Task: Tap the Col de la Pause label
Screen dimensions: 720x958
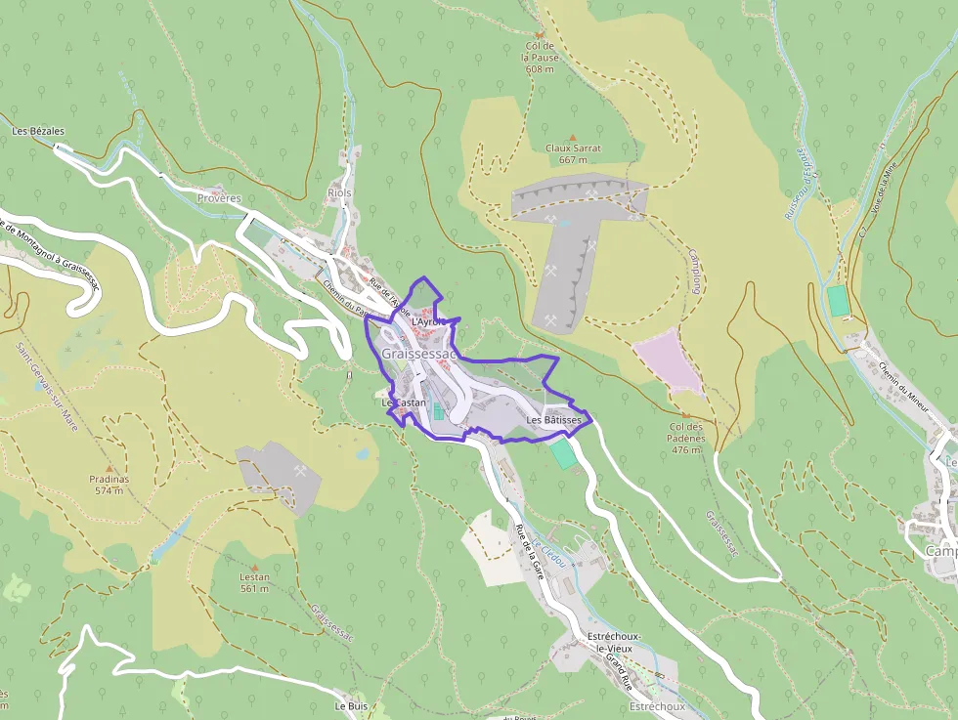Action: (540, 58)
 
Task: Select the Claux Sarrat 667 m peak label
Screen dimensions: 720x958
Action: (573, 153)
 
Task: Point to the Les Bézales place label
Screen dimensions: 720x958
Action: (38, 131)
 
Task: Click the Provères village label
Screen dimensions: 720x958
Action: (219, 198)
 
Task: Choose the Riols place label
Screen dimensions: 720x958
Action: (339, 192)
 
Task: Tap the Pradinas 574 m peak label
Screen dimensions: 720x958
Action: (109, 485)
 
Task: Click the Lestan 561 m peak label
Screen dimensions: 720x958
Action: (254, 582)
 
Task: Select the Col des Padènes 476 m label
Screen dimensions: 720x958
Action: (687, 438)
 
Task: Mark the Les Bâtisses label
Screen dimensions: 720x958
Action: (554, 420)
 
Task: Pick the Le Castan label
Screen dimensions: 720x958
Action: (404, 402)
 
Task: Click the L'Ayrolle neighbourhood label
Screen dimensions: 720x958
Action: (429, 320)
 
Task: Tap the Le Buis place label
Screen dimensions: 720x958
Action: (351, 705)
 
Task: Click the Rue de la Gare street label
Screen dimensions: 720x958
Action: (529, 553)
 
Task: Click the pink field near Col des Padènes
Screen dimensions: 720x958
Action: (670, 362)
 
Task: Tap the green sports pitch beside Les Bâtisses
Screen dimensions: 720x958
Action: (563, 453)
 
